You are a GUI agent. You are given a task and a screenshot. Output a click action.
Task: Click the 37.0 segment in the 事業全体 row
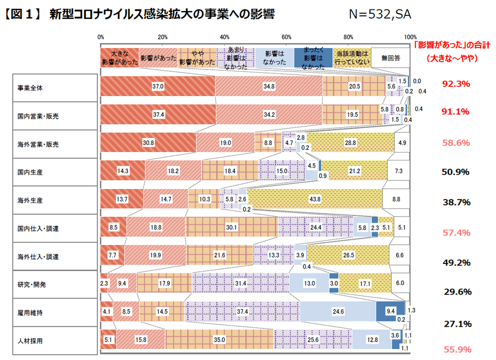point(157,86)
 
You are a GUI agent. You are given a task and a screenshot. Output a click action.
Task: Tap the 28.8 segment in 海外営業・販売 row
point(350,143)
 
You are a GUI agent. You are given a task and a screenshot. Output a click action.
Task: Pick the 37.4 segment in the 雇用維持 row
point(242,311)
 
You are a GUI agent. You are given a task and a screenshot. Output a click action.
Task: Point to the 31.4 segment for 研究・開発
point(241,283)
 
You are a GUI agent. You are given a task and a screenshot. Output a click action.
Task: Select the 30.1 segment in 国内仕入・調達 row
point(232,228)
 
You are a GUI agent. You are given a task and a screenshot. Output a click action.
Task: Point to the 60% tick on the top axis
point(287,37)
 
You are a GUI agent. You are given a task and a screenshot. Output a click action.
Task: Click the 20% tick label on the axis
point(163,37)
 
